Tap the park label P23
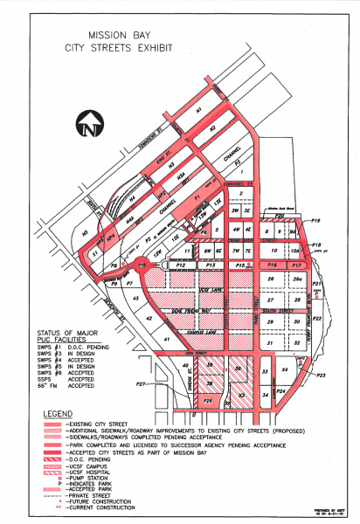[322, 375]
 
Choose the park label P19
[316, 222]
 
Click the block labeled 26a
[297, 279]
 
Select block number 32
[297, 343]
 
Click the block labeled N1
[199, 111]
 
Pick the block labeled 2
[229, 194]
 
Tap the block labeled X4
[284, 371]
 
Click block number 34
[265, 396]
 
